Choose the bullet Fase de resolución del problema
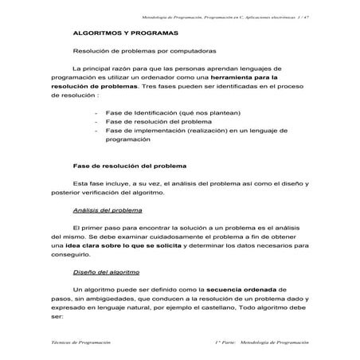coord(158,122)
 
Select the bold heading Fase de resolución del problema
coord(128,166)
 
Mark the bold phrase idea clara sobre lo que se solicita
coord(123,246)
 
